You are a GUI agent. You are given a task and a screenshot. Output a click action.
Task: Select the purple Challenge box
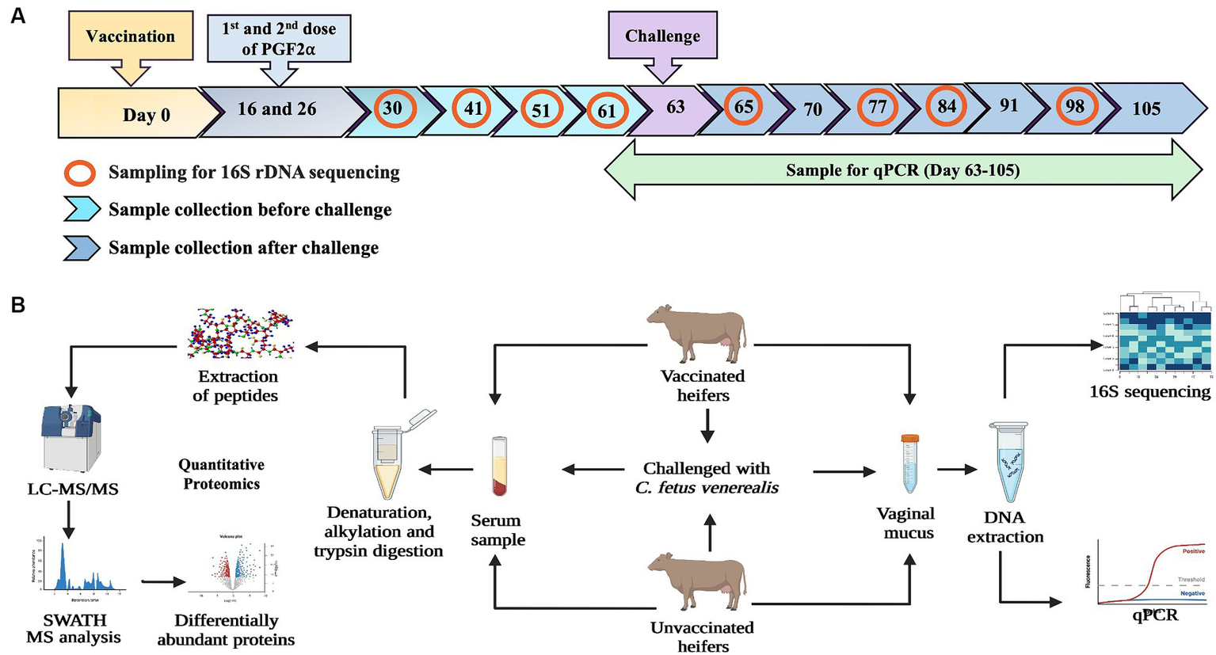[662, 36]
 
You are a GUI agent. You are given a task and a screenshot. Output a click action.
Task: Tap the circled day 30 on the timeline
[393, 109]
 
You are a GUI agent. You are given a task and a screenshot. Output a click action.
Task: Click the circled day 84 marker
[947, 106]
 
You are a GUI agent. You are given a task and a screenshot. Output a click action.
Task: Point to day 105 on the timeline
[1146, 109]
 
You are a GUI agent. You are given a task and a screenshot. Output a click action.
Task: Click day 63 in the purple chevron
[675, 107]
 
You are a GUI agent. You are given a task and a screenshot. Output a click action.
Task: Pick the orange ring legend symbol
[80, 173]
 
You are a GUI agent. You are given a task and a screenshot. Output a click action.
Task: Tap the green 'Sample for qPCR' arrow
[902, 170]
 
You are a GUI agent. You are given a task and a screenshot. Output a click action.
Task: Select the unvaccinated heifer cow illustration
[697, 583]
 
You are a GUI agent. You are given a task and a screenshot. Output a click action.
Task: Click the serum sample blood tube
[499, 466]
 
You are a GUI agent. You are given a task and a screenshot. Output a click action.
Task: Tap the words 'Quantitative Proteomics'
[221, 474]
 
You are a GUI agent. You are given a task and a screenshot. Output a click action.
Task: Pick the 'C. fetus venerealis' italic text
[707, 488]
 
